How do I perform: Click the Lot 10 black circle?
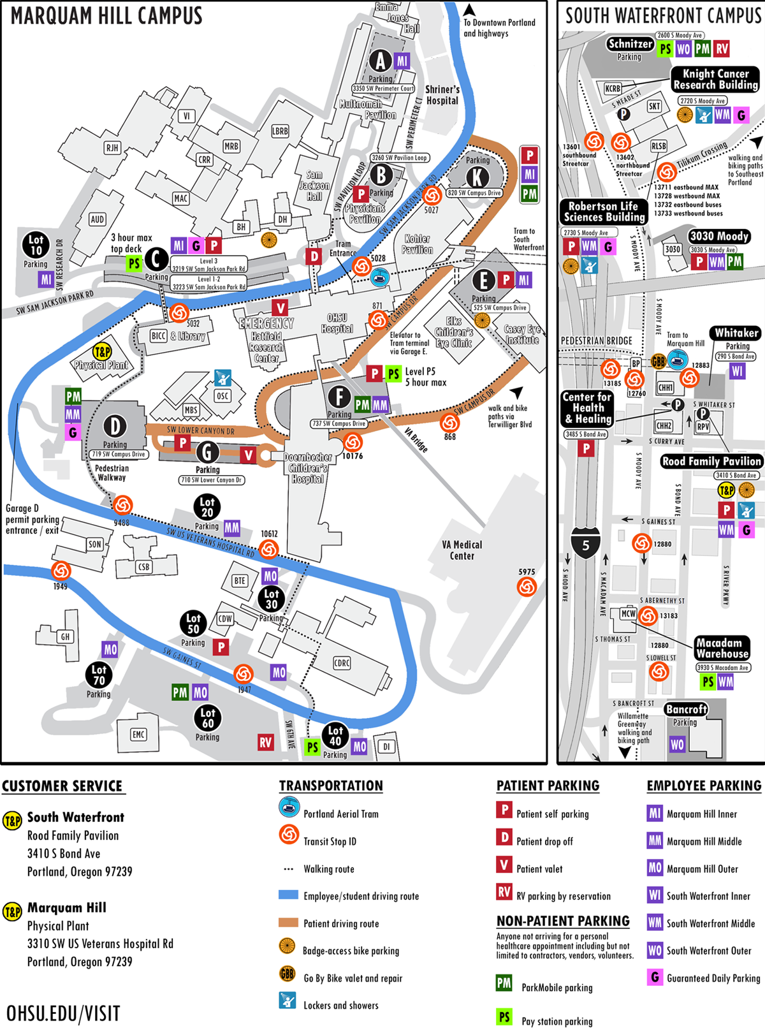coord(36,245)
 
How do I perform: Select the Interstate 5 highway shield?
coord(585,543)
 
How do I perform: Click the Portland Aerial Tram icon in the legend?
coord(289,808)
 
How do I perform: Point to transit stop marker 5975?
coord(527,587)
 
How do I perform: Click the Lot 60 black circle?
coord(208,718)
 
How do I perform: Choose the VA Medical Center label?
coord(462,550)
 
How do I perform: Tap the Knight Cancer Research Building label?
coord(716,79)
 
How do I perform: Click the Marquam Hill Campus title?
coord(106,15)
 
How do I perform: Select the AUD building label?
coord(97,219)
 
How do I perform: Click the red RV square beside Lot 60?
coord(265,742)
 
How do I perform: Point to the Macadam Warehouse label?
coord(722,648)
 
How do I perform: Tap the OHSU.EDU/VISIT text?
coord(63,1014)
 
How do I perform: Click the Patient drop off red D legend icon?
coord(504,837)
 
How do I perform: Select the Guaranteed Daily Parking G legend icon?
coord(655,977)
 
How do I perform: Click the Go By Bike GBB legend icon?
coord(288,974)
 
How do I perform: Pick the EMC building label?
coord(138,735)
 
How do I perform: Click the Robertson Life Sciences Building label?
coord(604,212)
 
